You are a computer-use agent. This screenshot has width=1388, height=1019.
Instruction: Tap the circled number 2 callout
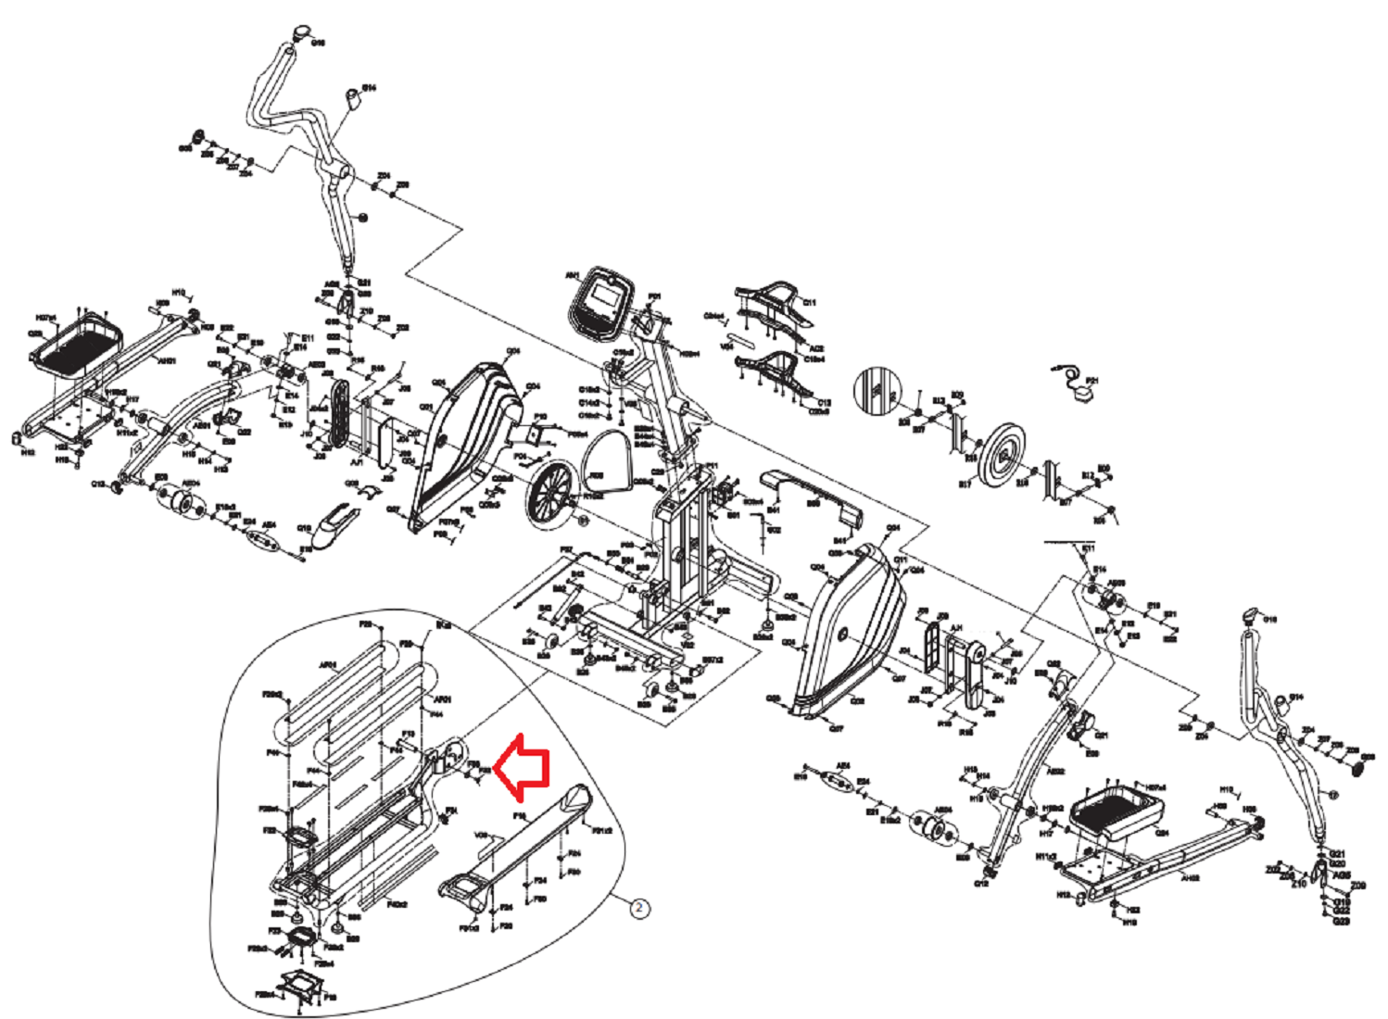tap(639, 908)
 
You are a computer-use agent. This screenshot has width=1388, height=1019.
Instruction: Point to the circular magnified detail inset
tap(877, 389)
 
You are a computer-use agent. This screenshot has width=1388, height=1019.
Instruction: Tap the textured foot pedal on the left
tap(78, 344)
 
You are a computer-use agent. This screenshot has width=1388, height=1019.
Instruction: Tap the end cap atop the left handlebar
tap(299, 33)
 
